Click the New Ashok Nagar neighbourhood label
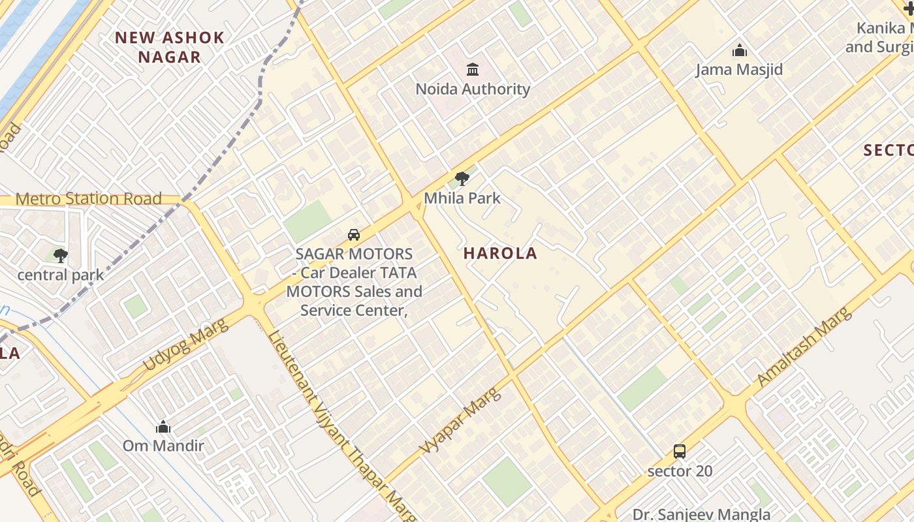170,47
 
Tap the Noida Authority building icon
473,69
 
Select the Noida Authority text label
473,89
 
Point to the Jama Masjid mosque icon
739,50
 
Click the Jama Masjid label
739,70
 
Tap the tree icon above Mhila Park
462,178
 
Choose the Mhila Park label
462,198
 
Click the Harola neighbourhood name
500,254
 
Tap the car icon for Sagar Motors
353,235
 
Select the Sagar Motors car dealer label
354,282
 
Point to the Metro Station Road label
88,199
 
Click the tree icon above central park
61,256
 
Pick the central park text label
61,275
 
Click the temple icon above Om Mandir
163,427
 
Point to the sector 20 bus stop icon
680,451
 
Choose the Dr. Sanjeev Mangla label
701,514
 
